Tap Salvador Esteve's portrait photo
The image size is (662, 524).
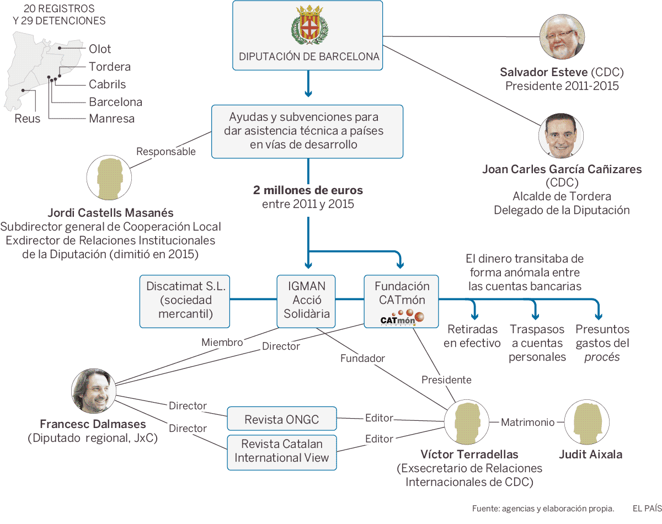(x=562, y=37)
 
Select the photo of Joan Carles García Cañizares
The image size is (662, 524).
(x=562, y=136)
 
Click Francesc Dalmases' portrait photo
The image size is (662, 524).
(x=94, y=391)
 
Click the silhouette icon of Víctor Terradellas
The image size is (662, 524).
(x=467, y=423)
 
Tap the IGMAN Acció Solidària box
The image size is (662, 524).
(x=306, y=300)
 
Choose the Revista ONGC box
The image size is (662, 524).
(x=281, y=419)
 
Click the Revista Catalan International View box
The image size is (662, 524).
(x=281, y=451)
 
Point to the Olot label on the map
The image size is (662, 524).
(x=100, y=49)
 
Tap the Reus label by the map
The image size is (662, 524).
(x=28, y=119)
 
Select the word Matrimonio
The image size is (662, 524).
(x=527, y=423)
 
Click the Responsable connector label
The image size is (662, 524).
(x=165, y=152)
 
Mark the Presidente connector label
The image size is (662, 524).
(x=446, y=379)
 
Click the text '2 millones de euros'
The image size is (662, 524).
(x=308, y=190)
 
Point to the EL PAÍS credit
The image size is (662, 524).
(x=647, y=508)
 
